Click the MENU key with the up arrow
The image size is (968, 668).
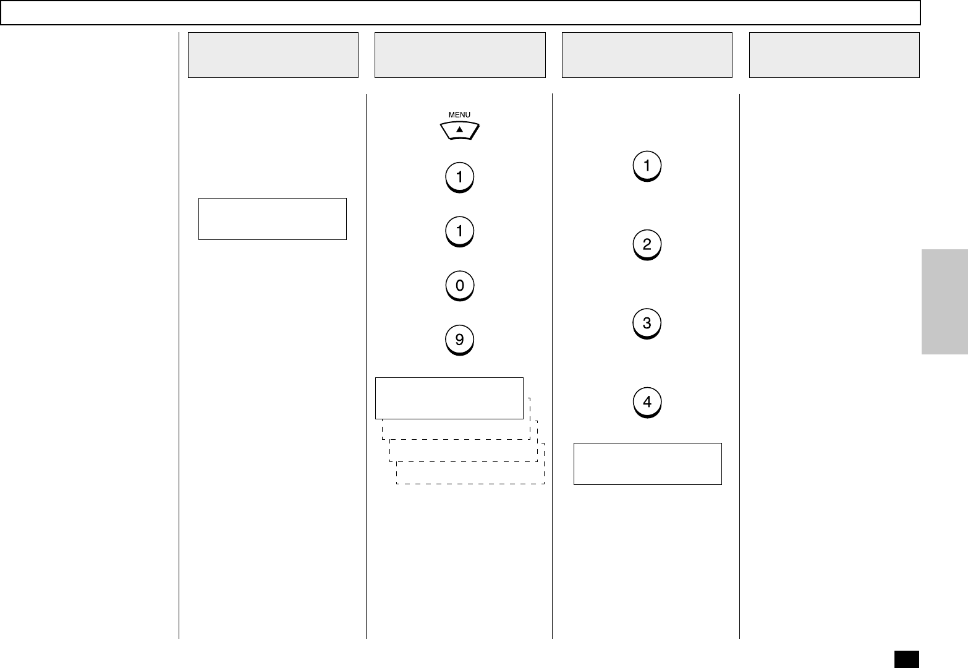click(459, 131)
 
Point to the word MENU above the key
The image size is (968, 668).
click(459, 114)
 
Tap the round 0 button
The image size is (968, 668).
click(459, 286)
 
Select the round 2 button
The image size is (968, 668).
click(647, 245)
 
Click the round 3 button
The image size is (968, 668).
click(647, 323)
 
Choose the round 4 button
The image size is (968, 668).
click(647, 403)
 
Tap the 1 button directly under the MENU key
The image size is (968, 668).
click(459, 178)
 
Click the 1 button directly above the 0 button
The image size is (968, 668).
click(459, 232)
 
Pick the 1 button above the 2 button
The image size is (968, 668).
click(647, 166)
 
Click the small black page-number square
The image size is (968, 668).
click(906, 658)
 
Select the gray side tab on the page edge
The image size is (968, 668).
click(945, 302)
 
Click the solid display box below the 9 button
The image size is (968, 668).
click(449, 398)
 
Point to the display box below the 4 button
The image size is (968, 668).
click(647, 464)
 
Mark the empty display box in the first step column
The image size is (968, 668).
click(272, 219)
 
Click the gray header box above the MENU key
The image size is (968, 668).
click(460, 55)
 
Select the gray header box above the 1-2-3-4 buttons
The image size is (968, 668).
click(647, 55)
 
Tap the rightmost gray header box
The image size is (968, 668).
click(834, 55)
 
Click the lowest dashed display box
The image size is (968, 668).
click(470, 474)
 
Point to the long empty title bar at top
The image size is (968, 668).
click(461, 12)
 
